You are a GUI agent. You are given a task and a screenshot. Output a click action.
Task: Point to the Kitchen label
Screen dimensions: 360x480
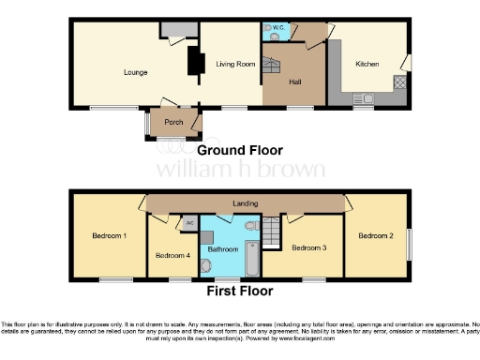[367, 64]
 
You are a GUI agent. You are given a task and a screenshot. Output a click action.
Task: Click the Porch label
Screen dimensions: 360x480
[173, 123]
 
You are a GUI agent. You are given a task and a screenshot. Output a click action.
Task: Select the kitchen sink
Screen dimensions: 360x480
[361, 97]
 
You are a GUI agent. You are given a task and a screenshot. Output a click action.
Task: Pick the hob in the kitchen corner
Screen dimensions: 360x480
[399, 83]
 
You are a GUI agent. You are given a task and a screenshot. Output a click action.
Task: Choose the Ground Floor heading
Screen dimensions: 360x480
[239, 150]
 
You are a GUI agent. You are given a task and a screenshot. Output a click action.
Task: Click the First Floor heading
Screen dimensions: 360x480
[239, 291]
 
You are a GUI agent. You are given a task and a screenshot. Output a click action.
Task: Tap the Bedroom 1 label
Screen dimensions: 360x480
[110, 235]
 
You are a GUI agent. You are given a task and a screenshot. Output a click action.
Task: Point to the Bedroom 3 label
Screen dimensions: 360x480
[308, 248]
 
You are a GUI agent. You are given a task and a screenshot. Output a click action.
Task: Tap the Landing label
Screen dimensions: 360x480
[247, 203]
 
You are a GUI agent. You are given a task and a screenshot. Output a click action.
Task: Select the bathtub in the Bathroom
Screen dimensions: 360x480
[252, 258]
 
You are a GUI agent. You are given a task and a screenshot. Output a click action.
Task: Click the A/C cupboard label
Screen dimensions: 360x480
[189, 223]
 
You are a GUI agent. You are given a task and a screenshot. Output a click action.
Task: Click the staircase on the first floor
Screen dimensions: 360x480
[273, 231]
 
